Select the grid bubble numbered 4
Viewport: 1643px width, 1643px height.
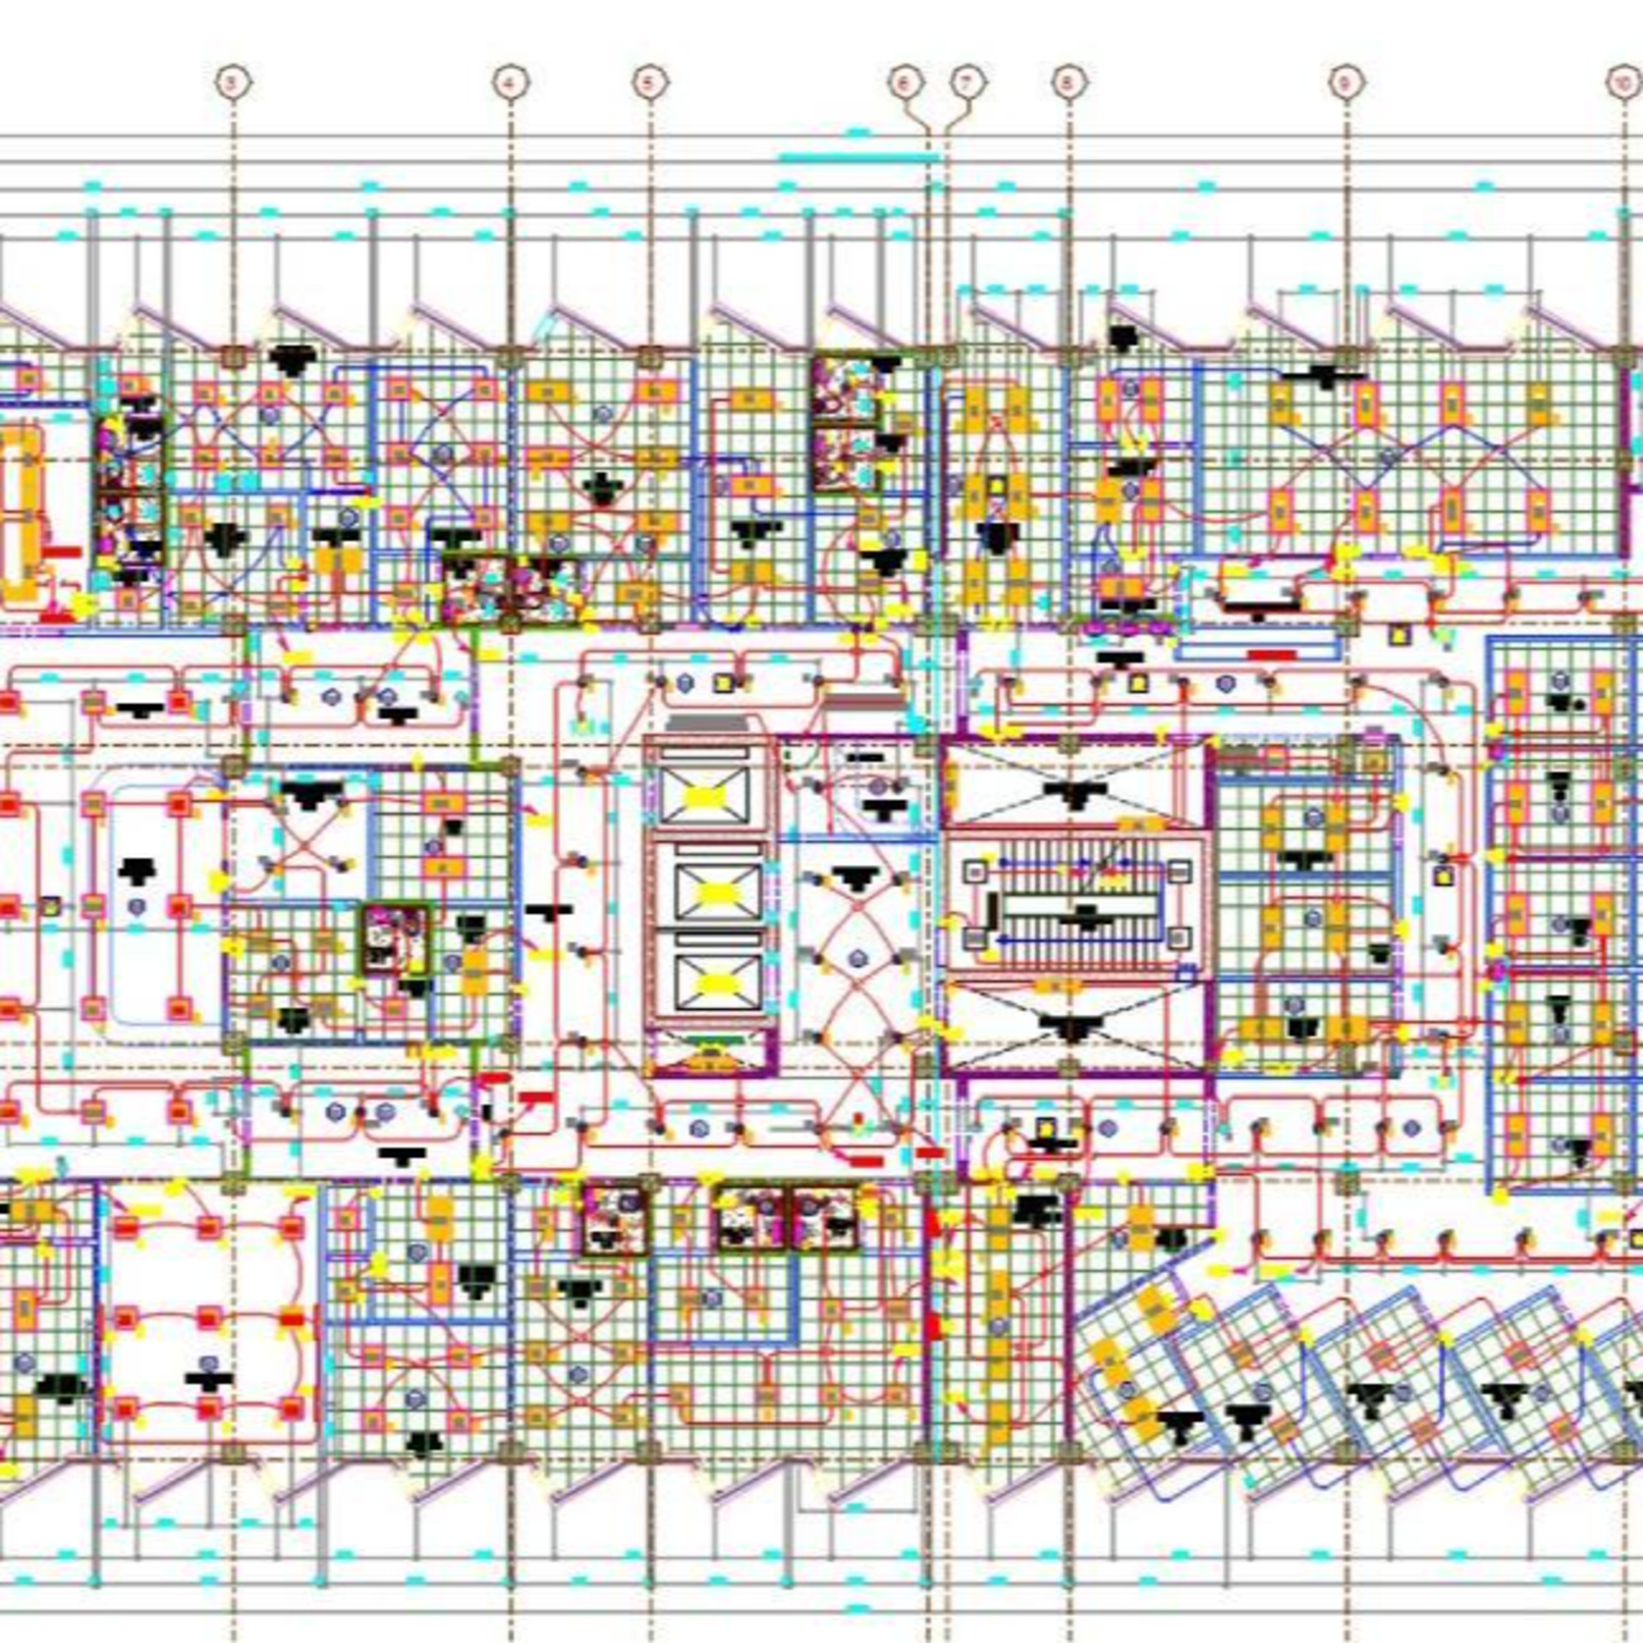coord(510,83)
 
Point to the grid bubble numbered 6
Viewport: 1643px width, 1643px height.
coord(905,83)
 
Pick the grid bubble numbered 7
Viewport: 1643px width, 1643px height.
coord(967,83)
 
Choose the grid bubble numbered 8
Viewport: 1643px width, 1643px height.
coord(1069,83)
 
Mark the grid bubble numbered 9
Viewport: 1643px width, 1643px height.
coord(1346,83)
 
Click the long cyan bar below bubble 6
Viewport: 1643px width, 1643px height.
coord(859,157)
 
